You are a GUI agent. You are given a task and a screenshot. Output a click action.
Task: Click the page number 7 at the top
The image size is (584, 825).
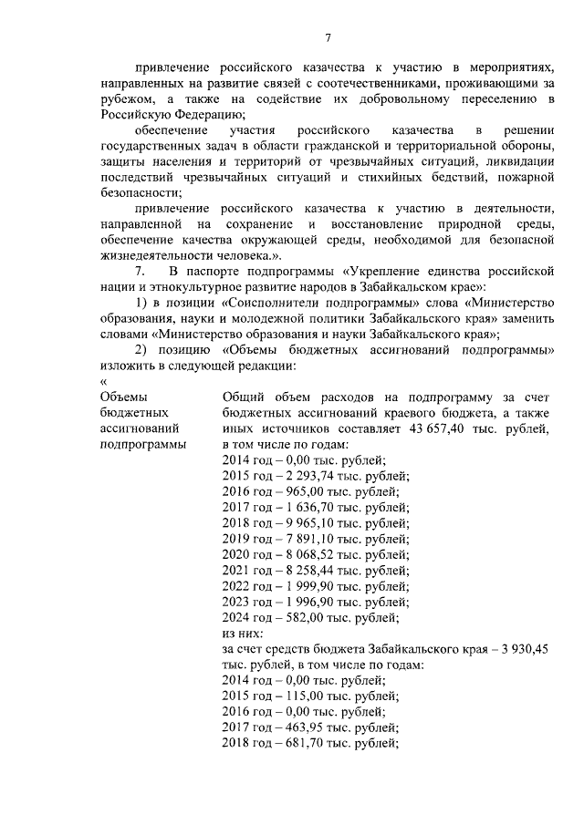pyautogui.click(x=328, y=36)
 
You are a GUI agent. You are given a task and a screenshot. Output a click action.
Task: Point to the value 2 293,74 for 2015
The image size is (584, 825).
pyautogui.click(x=301, y=476)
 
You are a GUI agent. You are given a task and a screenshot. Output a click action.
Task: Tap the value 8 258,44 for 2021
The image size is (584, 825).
pyautogui.click(x=302, y=571)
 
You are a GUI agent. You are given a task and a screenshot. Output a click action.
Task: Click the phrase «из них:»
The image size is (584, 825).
pyautogui.click(x=243, y=634)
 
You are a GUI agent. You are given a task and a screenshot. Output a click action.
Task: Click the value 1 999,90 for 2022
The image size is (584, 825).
pyautogui.click(x=302, y=586)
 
